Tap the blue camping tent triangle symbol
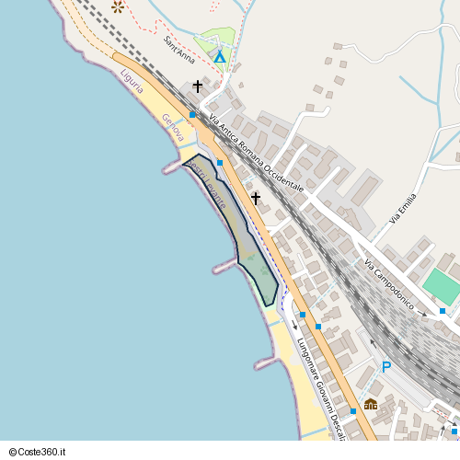220,57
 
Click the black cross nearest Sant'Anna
197,86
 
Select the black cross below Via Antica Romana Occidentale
256,197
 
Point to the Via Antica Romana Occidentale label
257,153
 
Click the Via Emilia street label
402,208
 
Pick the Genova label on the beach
172,128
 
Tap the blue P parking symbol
386,368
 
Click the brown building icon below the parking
371,403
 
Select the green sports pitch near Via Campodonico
441,287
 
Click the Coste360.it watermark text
42,452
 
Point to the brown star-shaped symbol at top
118,6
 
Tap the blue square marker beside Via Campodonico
443,311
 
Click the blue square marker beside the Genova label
192,114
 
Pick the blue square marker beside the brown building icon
352,411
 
